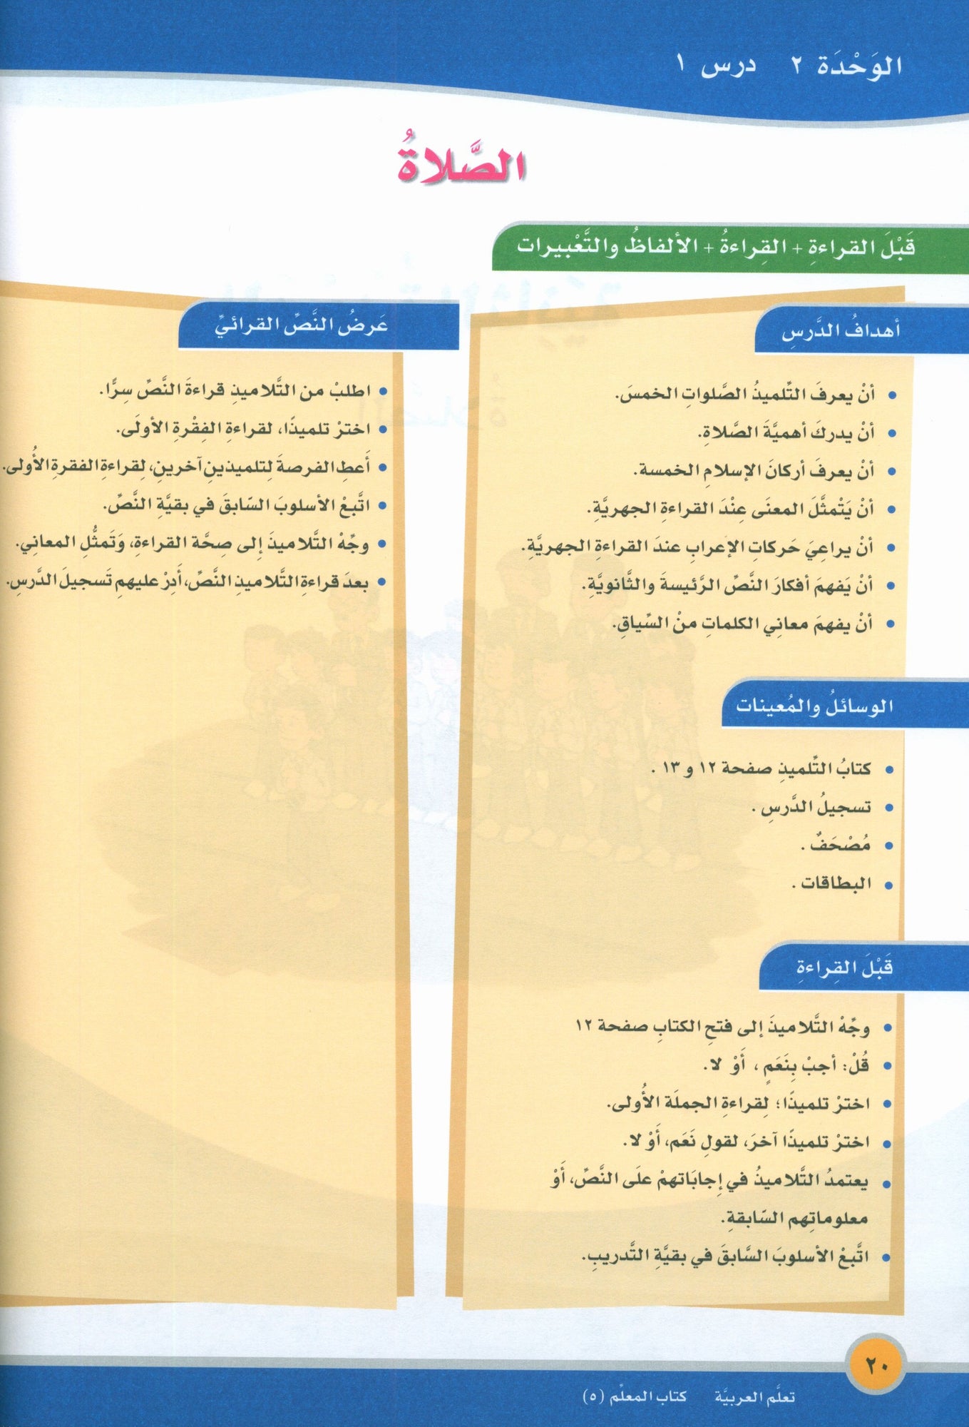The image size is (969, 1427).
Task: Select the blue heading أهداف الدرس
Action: coord(841,331)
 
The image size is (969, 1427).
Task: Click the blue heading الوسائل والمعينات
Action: coord(814,706)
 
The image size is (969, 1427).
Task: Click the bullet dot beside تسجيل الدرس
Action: coord(888,808)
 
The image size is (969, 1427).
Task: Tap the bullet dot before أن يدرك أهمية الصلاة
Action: coord(890,433)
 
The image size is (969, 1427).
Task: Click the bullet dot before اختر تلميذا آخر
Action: coord(888,1142)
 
